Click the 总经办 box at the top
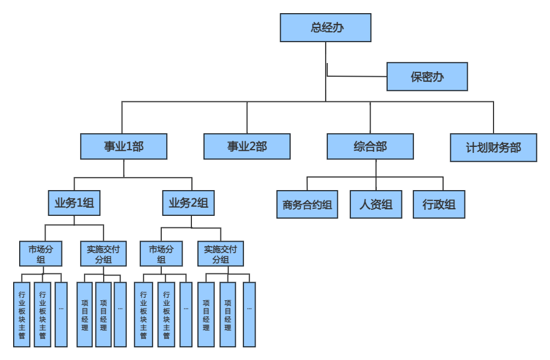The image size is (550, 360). (326, 28)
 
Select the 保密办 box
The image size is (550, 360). (427, 77)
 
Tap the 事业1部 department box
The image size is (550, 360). (123, 146)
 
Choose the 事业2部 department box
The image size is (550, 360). (247, 146)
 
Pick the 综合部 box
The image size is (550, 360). (370, 146)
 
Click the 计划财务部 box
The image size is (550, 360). (493, 147)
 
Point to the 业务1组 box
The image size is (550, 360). (74, 203)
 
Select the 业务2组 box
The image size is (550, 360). (188, 203)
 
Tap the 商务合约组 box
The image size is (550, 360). (307, 205)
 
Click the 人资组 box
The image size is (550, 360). (376, 205)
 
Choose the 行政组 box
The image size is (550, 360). (439, 205)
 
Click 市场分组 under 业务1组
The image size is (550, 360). (41, 254)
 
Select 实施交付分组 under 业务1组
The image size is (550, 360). (103, 254)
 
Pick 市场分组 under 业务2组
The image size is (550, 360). (161, 254)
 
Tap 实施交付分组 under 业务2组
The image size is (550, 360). (220, 254)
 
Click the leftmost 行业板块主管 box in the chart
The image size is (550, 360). (22, 315)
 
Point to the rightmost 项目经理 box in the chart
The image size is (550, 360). (228, 315)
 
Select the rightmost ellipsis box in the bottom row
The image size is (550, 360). (249, 315)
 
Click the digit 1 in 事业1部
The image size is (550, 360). (129, 147)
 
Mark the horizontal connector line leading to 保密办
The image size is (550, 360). (356, 76)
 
